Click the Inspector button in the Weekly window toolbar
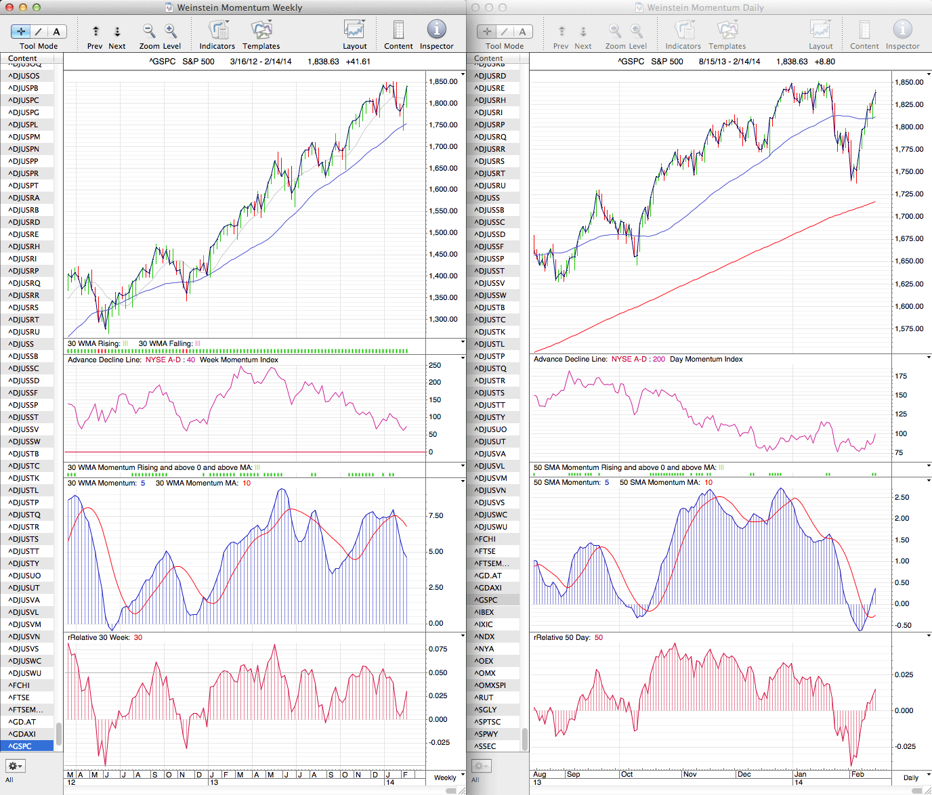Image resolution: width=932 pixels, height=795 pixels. [x=436, y=34]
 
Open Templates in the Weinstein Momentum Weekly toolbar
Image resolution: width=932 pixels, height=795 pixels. [x=261, y=34]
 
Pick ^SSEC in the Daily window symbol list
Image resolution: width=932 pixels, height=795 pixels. [x=486, y=746]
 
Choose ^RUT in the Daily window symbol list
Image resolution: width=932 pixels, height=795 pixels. [x=485, y=697]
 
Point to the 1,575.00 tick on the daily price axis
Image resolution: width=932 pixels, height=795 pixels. [x=909, y=329]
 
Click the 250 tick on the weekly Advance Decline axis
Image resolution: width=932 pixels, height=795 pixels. [x=435, y=366]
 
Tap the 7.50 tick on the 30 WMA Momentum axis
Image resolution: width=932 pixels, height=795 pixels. [x=436, y=516]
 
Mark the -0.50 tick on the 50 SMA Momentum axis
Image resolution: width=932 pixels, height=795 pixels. [x=903, y=626]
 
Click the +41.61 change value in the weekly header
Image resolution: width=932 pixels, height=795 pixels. [x=358, y=62]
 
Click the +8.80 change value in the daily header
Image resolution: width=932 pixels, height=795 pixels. [x=825, y=62]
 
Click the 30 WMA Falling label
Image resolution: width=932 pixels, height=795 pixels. [x=165, y=344]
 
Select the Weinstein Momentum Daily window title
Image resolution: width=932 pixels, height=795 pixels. [x=705, y=7]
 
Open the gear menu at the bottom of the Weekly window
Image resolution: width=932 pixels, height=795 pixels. [x=16, y=766]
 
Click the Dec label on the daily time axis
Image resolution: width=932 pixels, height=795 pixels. [x=744, y=774]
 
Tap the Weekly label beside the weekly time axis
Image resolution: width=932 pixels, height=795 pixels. [x=445, y=778]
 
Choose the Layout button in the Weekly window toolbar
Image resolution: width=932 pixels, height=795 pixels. [x=354, y=34]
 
